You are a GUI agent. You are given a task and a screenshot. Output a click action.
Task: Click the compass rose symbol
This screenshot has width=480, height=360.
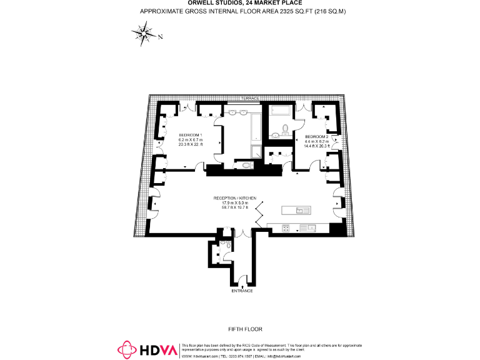(144, 34)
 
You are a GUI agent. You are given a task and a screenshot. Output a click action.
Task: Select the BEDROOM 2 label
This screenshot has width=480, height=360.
(316, 136)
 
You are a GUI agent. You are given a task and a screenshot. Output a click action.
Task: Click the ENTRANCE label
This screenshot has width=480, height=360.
(242, 291)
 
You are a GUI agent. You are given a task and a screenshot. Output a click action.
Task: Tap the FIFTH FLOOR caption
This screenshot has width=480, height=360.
(245, 329)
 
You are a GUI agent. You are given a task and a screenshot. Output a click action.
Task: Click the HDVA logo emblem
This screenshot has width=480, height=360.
(128, 349)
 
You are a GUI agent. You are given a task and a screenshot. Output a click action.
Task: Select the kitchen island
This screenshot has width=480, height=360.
(297, 211)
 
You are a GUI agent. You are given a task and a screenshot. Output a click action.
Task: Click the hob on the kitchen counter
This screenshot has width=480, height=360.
(285, 227)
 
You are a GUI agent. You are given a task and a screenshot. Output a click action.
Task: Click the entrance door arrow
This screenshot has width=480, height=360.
(242, 286)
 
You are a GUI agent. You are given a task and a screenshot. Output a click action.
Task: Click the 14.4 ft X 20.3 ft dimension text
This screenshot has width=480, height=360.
(316, 146)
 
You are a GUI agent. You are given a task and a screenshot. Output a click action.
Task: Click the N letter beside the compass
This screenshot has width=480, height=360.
(161, 37)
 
